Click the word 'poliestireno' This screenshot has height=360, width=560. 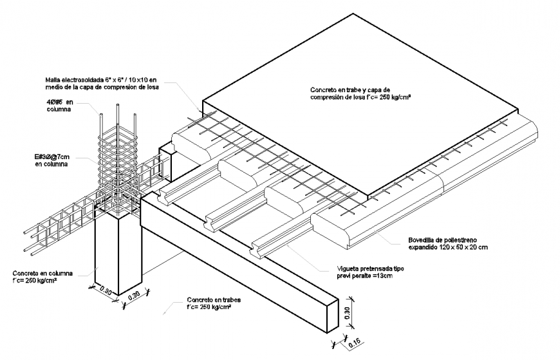[x=450, y=240]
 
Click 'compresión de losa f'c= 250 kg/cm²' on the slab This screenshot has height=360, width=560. [x=360, y=97]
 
